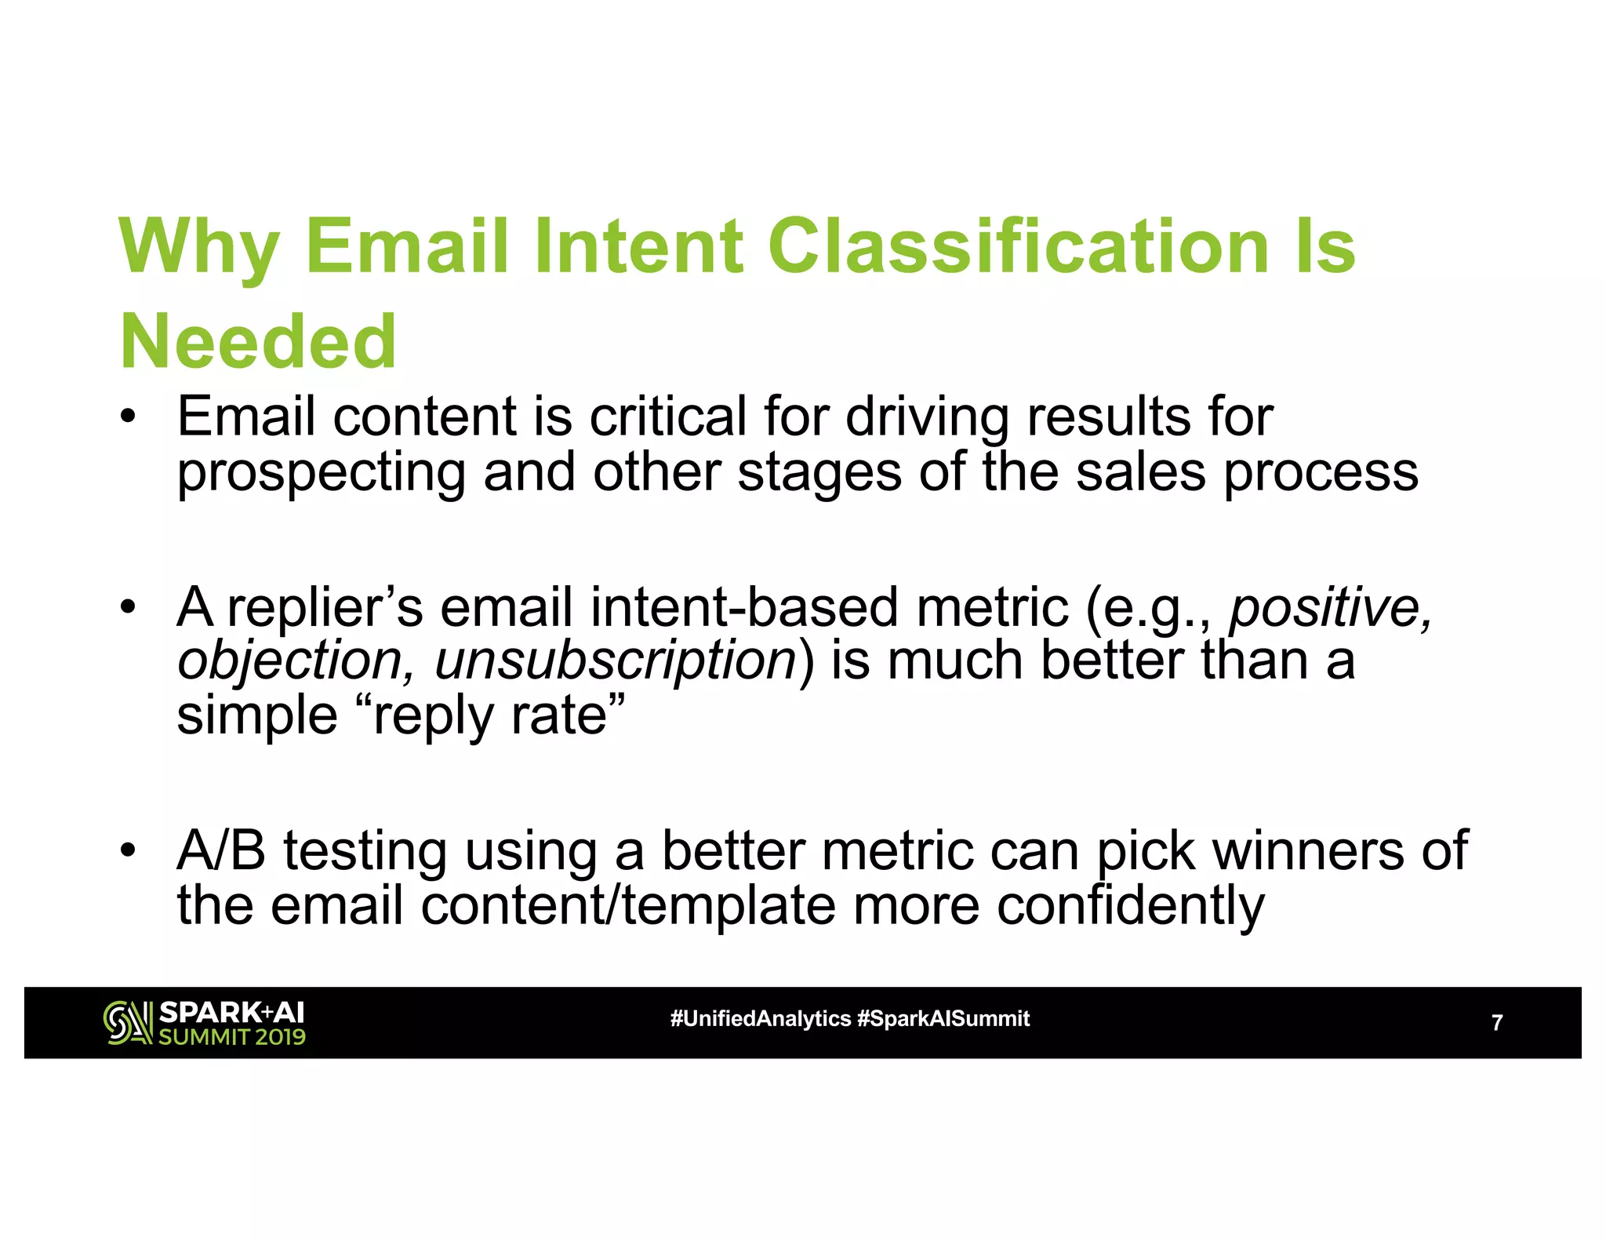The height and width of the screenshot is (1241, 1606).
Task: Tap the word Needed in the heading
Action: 258,342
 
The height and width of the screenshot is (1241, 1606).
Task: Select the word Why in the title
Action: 198,248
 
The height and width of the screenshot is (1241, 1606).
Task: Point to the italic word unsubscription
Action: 616,661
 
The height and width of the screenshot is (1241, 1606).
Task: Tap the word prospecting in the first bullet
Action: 321,473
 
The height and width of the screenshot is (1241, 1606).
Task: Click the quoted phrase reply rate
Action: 490,715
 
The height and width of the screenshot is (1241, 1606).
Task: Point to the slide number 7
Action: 1496,1023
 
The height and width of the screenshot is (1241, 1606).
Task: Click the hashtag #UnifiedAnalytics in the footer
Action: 760,1019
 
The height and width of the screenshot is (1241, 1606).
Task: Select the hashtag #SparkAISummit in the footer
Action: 943,1019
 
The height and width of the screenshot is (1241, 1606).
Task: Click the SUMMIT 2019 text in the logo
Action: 232,1037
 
